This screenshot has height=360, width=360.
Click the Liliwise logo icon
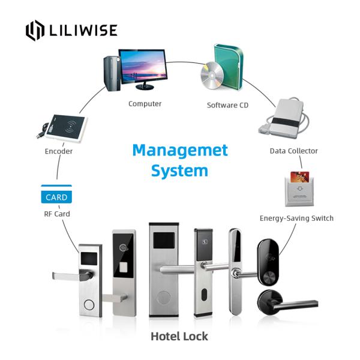35,31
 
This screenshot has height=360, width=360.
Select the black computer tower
111,71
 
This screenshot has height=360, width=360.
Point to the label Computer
145,104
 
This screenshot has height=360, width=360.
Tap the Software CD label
227,105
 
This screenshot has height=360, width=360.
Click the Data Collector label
293,151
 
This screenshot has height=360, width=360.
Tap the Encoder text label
58,151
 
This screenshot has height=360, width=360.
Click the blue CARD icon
56,196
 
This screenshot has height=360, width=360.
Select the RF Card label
56,214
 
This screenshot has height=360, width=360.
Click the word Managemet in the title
180,149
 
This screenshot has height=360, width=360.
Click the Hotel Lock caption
179,336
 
